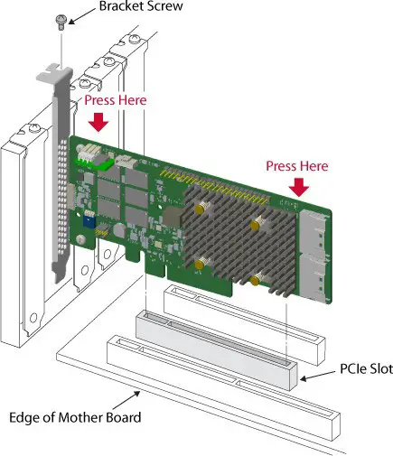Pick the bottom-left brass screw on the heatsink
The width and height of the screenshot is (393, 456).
tap(197, 264)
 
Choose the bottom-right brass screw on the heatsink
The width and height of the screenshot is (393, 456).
tap(257, 282)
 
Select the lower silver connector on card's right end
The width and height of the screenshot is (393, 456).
tap(316, 280)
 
